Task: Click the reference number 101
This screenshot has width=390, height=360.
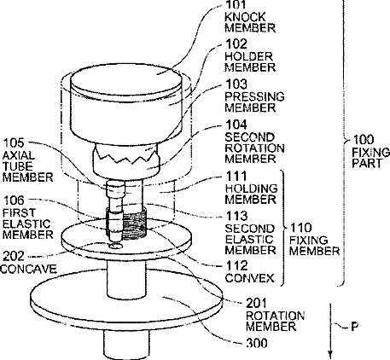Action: click(x=236, y=4)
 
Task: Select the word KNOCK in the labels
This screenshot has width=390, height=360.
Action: click(x=245, y=17)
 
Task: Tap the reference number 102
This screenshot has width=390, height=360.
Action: click(x=236, y=44)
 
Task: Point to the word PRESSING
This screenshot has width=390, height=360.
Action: click(x=254, y=96)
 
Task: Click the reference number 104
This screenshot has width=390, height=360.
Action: click(x=236, y=125)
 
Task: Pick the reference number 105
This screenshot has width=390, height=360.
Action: click(x=14, y=142)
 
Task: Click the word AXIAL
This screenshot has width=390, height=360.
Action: click(x=19, y=155)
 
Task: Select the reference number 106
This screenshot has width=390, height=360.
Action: click(x=14, y=200)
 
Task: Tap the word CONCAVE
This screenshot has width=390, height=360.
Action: click(x=28, y=269)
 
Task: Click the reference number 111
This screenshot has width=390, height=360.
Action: click(x=236, y=176)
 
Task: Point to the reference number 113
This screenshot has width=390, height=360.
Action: click(x=236, y=216)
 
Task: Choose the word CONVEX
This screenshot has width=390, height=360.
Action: click(x=250, y=277)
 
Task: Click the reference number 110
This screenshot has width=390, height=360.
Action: click(x=300, y=228)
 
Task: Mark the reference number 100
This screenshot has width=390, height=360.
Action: click(x=364, y=140)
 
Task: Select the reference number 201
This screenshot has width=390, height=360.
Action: click(x=256, y=303)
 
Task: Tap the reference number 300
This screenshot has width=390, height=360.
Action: click(x=257, y=343)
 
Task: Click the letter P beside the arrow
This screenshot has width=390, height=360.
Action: click(x=354, y=327)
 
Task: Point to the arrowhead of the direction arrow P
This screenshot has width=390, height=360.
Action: click(x=330, y=355)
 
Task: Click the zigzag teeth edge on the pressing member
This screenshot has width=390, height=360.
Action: click(x=125, y=157)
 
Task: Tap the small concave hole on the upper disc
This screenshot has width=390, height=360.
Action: click(x=116, y=246)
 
